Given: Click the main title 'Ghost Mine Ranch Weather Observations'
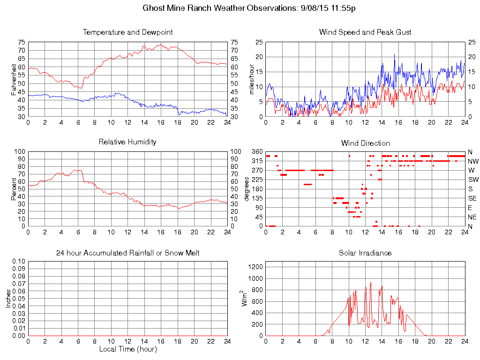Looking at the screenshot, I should click(x=217, y=8).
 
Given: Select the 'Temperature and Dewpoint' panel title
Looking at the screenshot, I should click(x=127, y=32).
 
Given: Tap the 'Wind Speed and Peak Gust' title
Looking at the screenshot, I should click(x=365, y=32).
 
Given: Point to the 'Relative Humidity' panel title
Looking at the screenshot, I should click(x=127, y=142).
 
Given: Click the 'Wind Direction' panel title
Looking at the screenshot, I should click(x=365, y=143).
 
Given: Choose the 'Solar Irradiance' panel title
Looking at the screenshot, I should click(x=365, y=253).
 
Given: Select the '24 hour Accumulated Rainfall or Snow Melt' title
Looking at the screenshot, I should click(x=127, y=253).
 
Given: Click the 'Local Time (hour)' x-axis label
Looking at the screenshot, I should click(x=127, y=349).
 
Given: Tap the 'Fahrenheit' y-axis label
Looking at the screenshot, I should click(x=14, y=79).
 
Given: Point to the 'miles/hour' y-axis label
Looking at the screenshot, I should click(x=252, y=79).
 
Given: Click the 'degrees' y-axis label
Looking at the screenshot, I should click(x=247, y=188).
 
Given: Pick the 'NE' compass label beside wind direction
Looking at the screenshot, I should click(x=472, y=217).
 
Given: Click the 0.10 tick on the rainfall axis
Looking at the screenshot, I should click(x=18, y=261).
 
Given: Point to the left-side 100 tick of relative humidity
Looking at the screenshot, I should click(x=20, y=152).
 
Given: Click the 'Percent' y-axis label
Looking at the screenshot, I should click(x=14, y=188).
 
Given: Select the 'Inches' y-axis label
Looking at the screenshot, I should click(x=8, y=298).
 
